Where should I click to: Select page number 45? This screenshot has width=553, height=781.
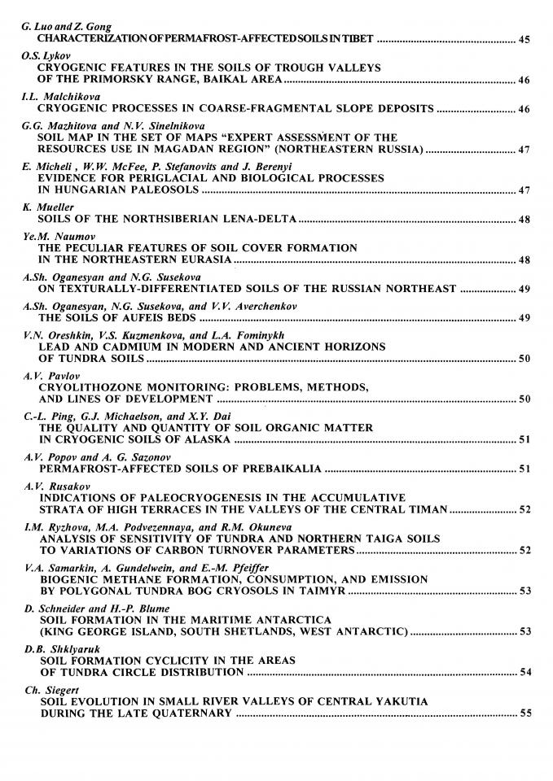click(x=524, y=39)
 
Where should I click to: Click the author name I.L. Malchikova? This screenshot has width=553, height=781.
click(x=56, y=97)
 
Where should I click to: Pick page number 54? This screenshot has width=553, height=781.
click(x=524, y=672)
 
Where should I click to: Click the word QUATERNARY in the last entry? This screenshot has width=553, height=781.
click(x=192, y=713)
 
